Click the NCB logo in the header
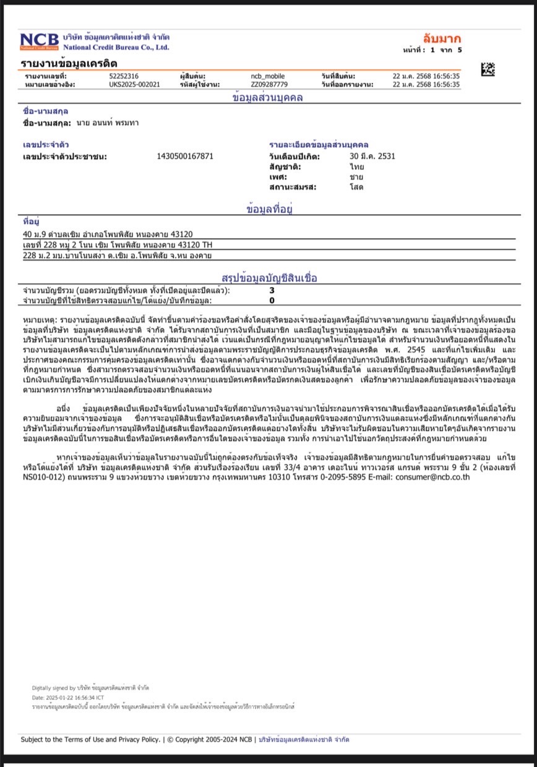[x=40, y=41]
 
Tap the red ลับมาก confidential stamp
[x=442, y=39]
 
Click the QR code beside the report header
[x=488, y=69]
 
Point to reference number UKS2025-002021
[x=134, y=84]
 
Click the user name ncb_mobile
[x=268, y=76]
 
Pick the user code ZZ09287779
[x=269, y=84]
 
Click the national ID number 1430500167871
[x=186, y=156]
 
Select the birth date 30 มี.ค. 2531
[x=372, y=156]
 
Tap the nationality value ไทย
[x=356, y=166]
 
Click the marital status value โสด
[x=356, y=186]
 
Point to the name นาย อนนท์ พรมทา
[x=108, y=123]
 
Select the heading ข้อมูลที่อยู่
[x=268, y=210]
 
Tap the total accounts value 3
[x=272, y=290]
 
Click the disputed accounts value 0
[x=272, y=301]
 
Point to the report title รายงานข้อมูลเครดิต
[x=69, y=64]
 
